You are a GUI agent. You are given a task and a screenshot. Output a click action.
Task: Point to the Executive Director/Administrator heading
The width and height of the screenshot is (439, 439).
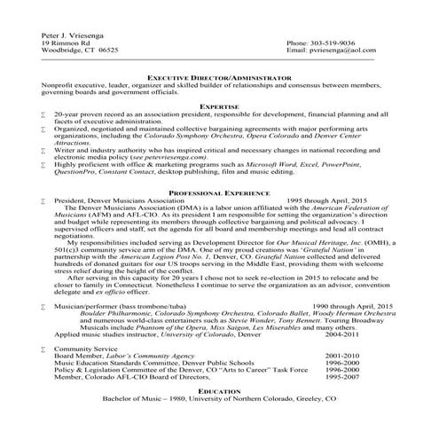[218, 78]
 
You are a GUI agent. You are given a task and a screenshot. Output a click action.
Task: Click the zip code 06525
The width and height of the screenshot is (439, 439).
[106, 51]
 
